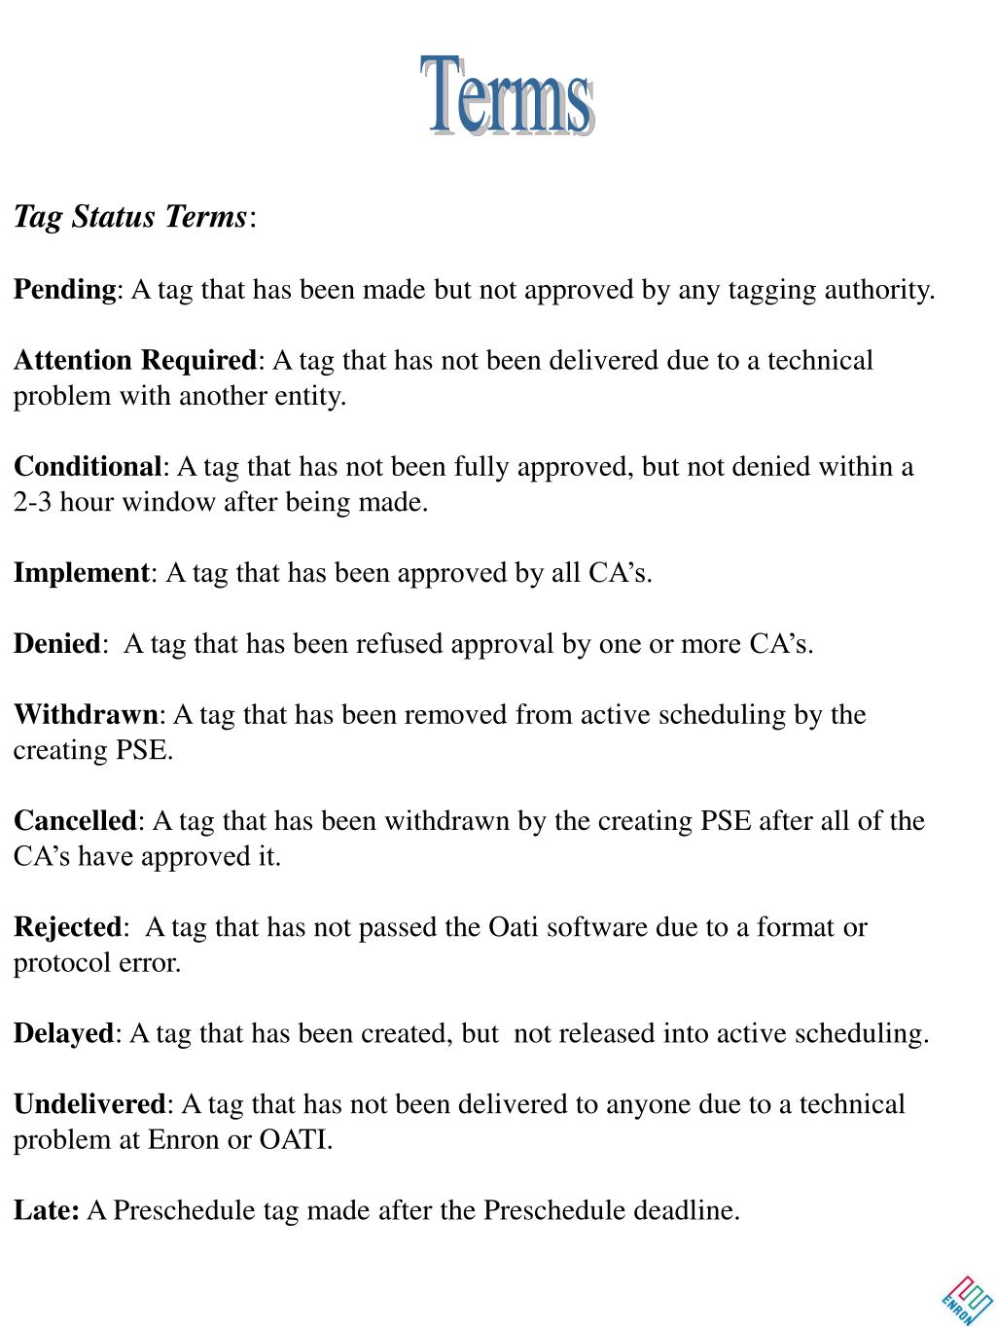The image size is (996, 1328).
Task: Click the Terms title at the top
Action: click(x=507, y=95)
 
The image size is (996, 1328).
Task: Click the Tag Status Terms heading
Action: click(x=131, y=216)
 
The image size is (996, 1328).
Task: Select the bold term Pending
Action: click(x=64, y=290)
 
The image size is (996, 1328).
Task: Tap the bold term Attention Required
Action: click(x=135, y=361)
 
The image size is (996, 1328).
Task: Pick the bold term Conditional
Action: click(x=88, y=467)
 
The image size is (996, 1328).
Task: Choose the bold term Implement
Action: click(x=81, y=573)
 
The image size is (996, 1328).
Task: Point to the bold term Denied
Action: click(x=56, y=644)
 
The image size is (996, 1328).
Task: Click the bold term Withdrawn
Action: click(x=86, y=715)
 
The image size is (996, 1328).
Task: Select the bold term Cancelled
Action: click(x=75, y=821)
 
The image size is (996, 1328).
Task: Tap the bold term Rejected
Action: click(x=67, y=927)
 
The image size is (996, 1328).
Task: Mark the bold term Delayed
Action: click(x=63, y=1033)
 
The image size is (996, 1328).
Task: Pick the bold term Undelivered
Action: click(x=89, y=1104)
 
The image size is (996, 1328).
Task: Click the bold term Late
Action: click(x=45, y=1210)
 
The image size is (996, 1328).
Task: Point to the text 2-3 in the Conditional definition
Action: click(x=32, y=503)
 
